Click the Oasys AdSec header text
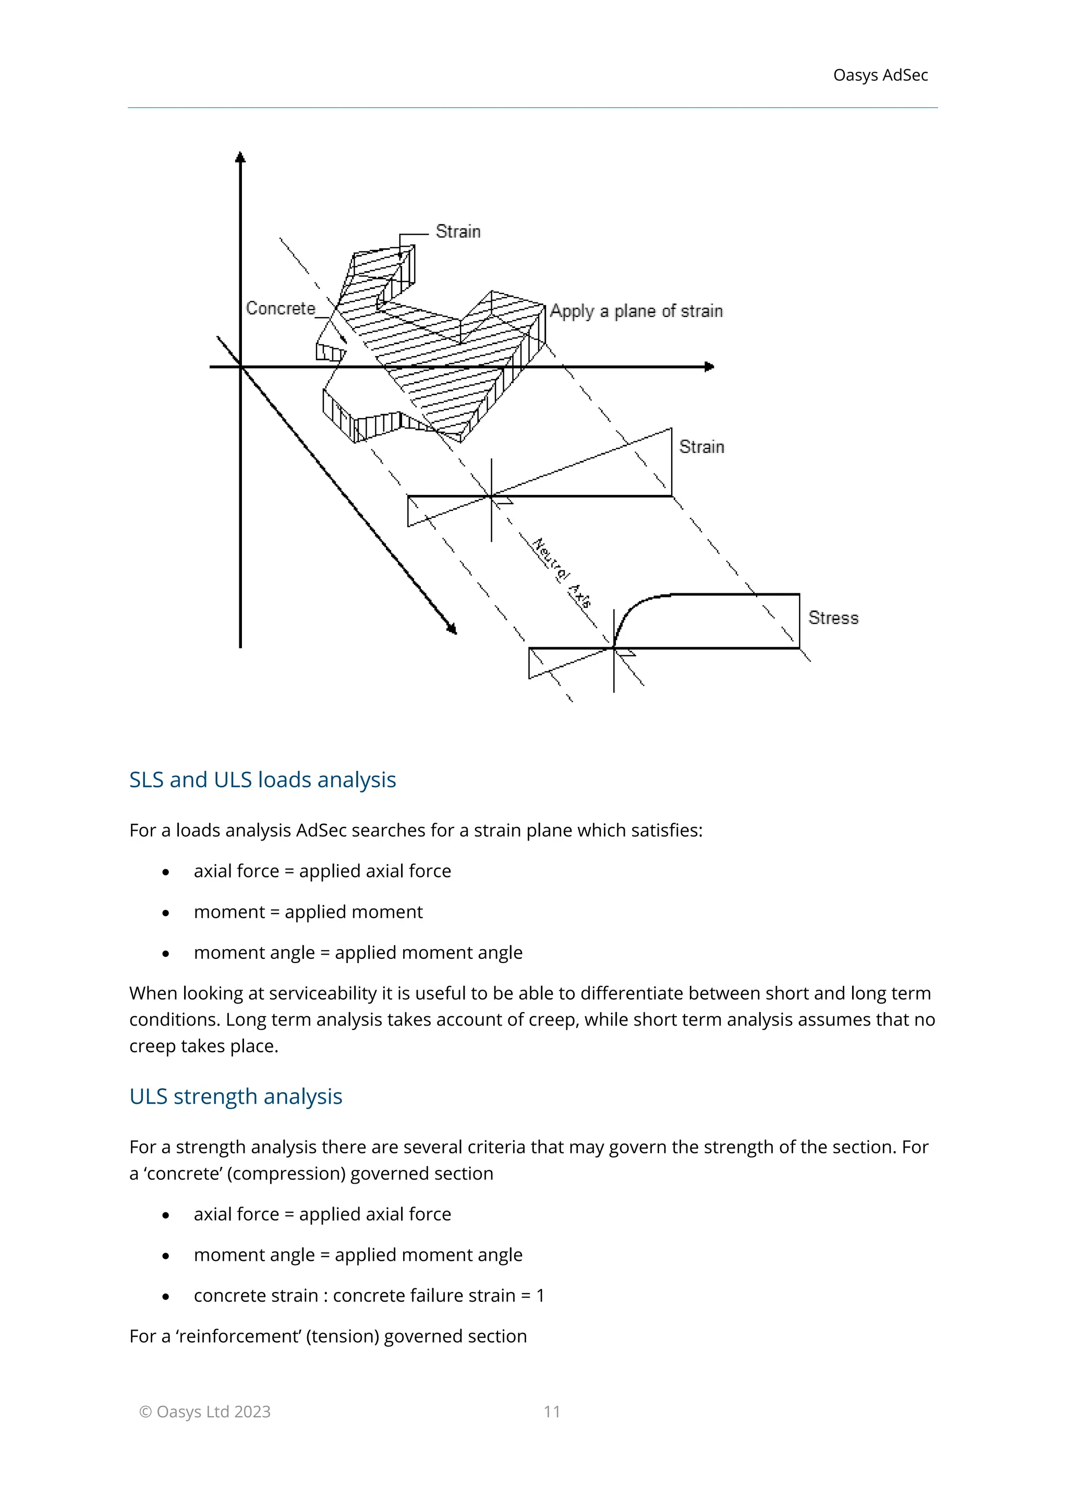click(x=880, y=76)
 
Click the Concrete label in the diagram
click(x=280, y=309)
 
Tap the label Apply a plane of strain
click(x=636, y=311)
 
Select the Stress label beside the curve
click(x=833, y=618)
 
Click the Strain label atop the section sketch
click(x=458, y=232)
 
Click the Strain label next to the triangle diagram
click(x=701, y=447)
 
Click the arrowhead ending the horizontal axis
click(x=708, y=367)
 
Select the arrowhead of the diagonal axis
click(x=452, y=629)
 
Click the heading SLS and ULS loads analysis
click(x=262, y=780)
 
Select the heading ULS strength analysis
click(x=235, y=1097)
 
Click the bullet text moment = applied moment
click(x=308, y=911)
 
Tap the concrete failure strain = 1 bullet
click(x=369, y=1295)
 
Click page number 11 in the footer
click(x=552, y=1411)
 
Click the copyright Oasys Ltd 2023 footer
click(x=205, y=1411)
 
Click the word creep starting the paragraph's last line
click(x=153, y=1046)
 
